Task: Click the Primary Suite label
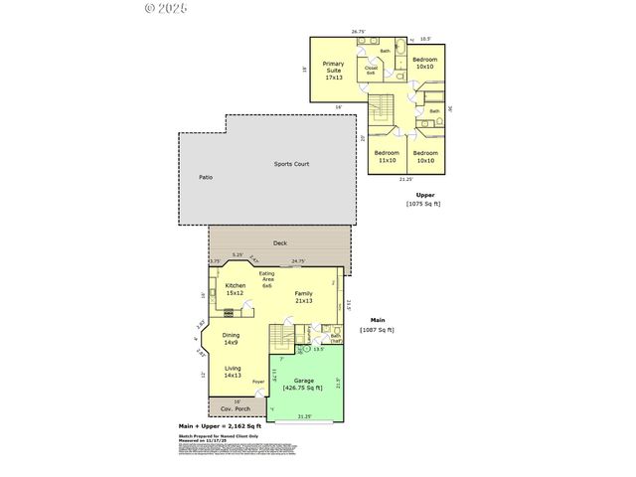(x=332, y=70)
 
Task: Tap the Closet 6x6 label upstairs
(x=370, y=71)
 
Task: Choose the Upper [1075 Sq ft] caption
(x=424, y=199)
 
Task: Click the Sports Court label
(x=292, y=163)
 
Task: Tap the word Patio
(x=205, y=177)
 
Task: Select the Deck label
(x=279, y=242)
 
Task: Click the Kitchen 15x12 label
(x=235, y=289)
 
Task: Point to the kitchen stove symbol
(x=229, y=311)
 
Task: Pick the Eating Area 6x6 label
(x=266, y=279)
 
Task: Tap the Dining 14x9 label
(x=231, y=339)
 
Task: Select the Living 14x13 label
(x=233, y=372)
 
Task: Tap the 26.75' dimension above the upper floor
(x=358, y=31)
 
